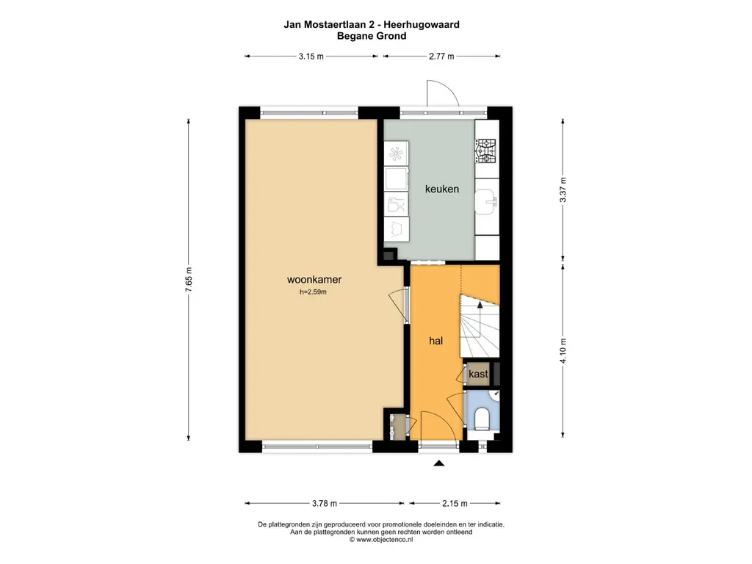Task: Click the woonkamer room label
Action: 314,280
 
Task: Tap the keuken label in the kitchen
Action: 442,189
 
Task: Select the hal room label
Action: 435,341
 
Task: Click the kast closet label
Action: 479,374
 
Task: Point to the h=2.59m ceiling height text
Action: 313,292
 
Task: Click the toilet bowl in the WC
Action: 482,419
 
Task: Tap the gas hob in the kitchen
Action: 485,151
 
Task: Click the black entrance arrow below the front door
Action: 439,463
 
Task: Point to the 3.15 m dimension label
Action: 311,57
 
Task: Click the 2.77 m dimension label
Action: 441,57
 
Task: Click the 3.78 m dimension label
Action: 324,503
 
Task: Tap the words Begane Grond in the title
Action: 372,35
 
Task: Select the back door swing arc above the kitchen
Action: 443,91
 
